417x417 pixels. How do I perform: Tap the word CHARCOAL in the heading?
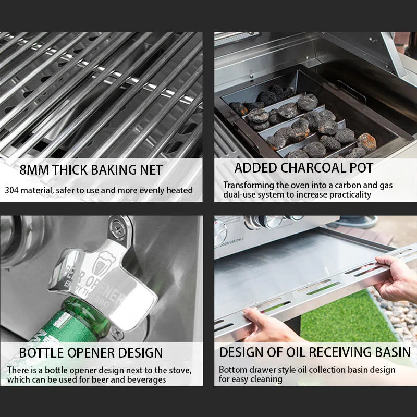coord(306,168)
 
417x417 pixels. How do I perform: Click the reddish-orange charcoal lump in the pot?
coord(366,142)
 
